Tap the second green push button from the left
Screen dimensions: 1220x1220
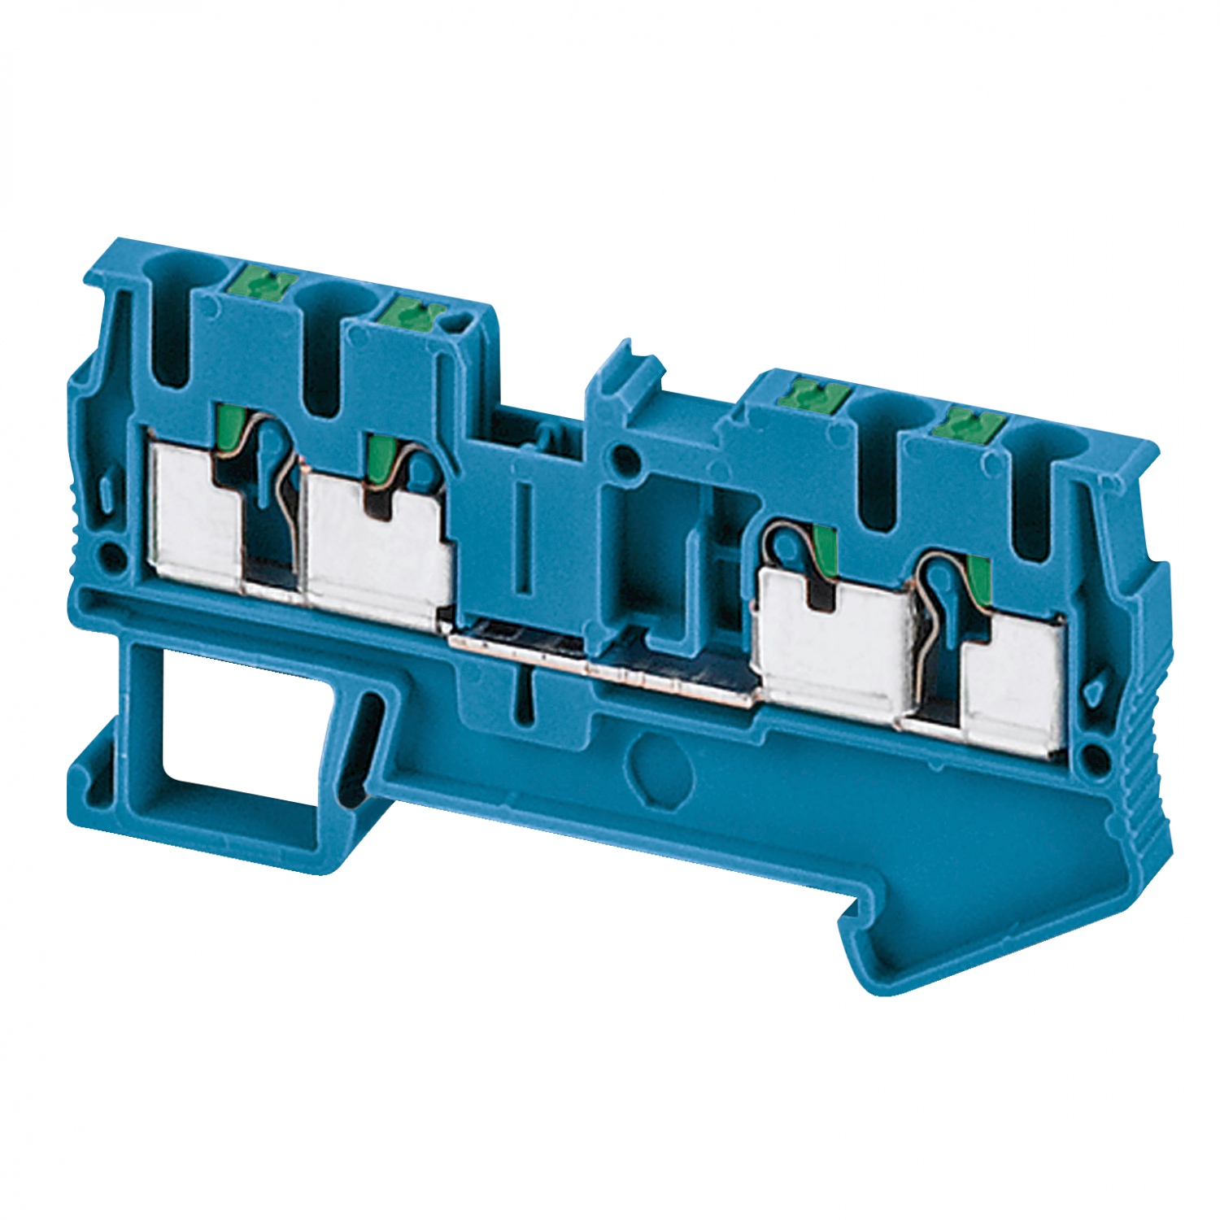pos(411,309)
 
